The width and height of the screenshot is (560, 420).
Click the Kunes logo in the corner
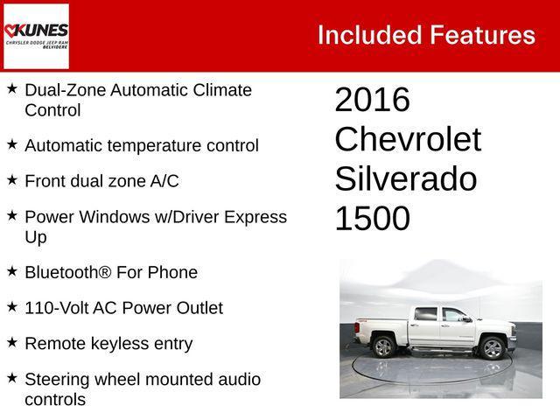[36, 36]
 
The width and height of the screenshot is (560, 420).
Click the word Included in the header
[368, 35]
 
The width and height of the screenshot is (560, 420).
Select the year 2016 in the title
[372, 101]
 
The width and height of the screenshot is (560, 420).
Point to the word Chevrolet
[408, 140]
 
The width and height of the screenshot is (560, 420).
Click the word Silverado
[405, 179]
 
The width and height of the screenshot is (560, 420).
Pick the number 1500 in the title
[372, 219]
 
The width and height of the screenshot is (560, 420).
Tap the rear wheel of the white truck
[383, 346]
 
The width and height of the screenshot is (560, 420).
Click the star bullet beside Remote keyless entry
[12, 342]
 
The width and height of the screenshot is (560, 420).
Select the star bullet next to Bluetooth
[12, 271]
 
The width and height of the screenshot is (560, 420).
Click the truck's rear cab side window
[426, 315]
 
